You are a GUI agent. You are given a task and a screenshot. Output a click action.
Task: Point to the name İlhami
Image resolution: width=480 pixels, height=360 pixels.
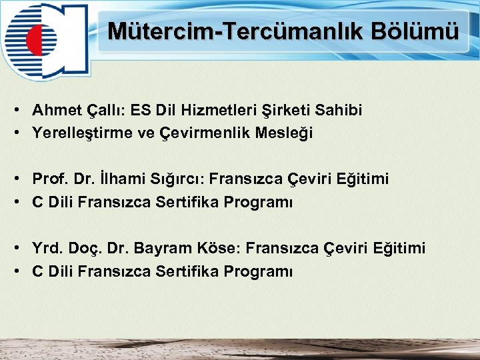coord(120,179)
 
